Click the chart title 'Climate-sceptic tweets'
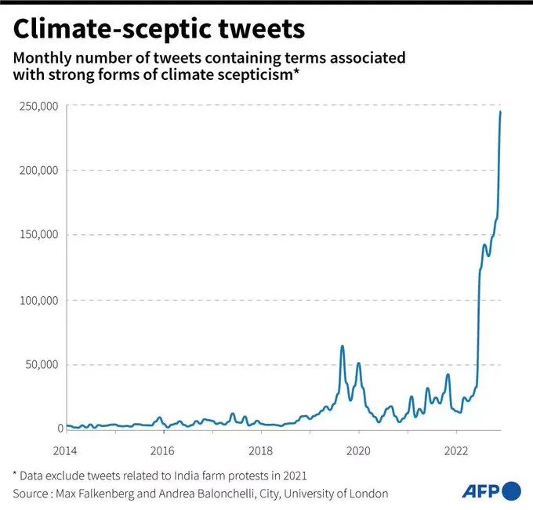[159, 30]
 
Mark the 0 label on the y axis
[59, 429]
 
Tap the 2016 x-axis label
[161, 450]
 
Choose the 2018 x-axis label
[260, 450]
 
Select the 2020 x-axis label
[358, 450]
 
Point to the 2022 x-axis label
[456, 450]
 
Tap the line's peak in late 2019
[342, 346]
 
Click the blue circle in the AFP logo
[511, 491]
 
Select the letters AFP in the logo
[480, 492]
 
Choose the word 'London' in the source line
[368, 494]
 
